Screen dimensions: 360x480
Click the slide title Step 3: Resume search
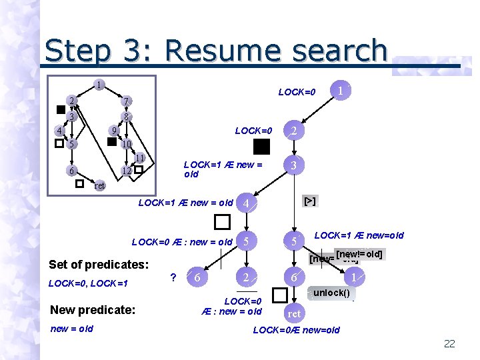216,51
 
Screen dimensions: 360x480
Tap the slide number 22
449,343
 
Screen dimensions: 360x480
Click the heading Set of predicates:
99,264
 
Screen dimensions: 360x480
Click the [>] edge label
310,201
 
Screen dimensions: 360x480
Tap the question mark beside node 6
173,277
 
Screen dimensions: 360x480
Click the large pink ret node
294,313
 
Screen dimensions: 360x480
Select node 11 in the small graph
139,158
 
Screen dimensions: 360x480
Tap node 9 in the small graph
114,130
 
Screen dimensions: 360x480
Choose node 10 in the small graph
126,143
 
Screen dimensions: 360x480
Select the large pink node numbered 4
247,203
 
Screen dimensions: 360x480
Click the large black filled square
261,147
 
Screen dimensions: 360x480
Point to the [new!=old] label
359,254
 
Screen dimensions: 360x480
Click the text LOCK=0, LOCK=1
88,284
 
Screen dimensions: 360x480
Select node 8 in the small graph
126,116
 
